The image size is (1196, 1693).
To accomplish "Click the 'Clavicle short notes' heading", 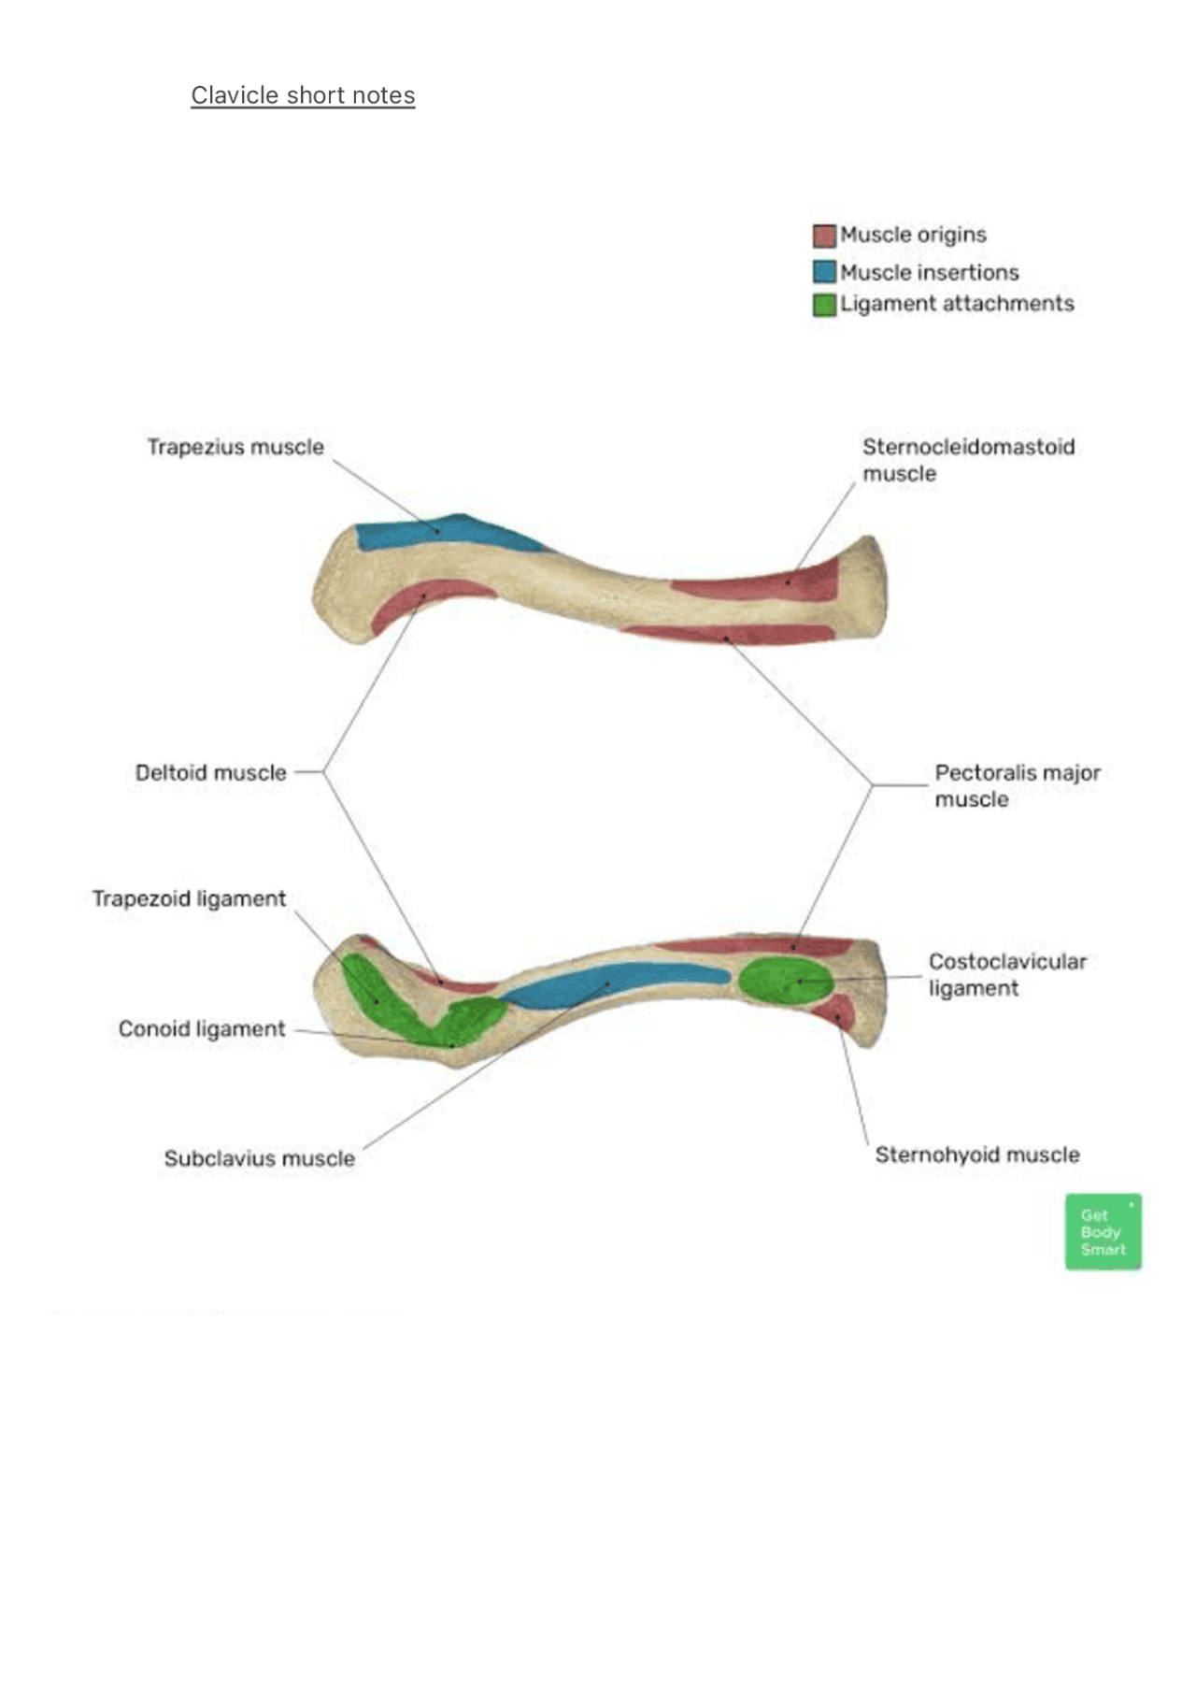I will click(303, 95).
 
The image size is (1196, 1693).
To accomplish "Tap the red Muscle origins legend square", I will click(823, 235).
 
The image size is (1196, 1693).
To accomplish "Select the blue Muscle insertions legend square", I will click(823, 272).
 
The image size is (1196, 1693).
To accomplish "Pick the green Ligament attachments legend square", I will click(823, 305).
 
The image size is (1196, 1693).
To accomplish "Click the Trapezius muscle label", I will click(235, 447).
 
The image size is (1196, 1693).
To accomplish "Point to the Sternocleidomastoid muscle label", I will click(967, 460).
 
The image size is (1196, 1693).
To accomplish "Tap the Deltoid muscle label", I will click(211, 773).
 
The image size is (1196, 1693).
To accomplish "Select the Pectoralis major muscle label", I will click(1017, 785).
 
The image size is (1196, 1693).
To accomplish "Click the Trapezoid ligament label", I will click(189, 898).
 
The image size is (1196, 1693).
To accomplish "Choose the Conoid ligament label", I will click(201, 1028).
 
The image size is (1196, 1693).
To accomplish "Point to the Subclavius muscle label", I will click(260, 1158).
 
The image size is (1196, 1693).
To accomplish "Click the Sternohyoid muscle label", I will click(976, 1155).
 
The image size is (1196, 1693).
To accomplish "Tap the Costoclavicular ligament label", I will click(1006, 974).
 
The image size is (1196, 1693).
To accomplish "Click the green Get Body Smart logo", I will click(1103, 1231).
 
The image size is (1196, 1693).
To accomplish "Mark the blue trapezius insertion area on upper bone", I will click(439, 533).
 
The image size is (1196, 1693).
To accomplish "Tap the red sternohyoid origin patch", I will click(834, 1012).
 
